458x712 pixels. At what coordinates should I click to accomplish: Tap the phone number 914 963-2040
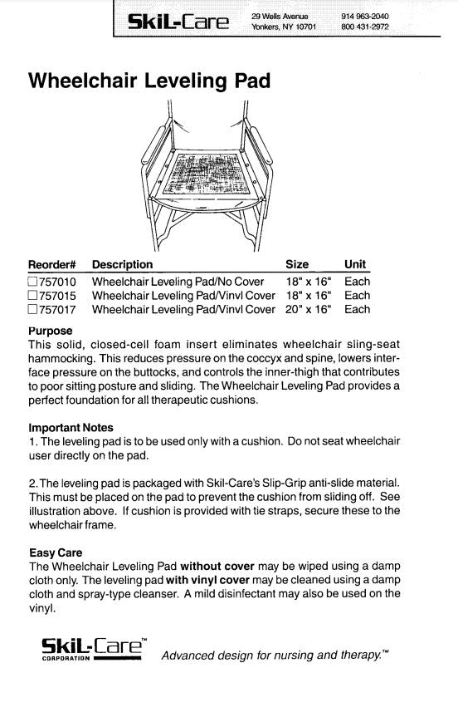point(364,16)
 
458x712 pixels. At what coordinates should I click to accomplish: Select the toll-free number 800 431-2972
point(364,27)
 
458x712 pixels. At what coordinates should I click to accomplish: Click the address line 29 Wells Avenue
point(280,16)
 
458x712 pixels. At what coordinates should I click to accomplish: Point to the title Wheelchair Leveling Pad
point(149,81)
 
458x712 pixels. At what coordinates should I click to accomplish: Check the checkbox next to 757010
point(32,282)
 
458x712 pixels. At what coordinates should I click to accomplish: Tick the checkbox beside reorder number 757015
point(32,296)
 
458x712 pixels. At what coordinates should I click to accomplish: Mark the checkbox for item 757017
point(32,310)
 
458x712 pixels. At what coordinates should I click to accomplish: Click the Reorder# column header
point(51,265)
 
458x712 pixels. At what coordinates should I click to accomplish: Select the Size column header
point(297,265)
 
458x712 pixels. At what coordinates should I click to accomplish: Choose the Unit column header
point(355,265)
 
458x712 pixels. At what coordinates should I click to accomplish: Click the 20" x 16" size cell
point(309,310)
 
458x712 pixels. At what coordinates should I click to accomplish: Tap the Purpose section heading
point(50,331)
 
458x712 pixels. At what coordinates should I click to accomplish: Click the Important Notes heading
point(71,428)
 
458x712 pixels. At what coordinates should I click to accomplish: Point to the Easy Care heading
point(55,552)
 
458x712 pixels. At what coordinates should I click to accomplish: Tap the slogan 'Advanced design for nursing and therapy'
point(275,656)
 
